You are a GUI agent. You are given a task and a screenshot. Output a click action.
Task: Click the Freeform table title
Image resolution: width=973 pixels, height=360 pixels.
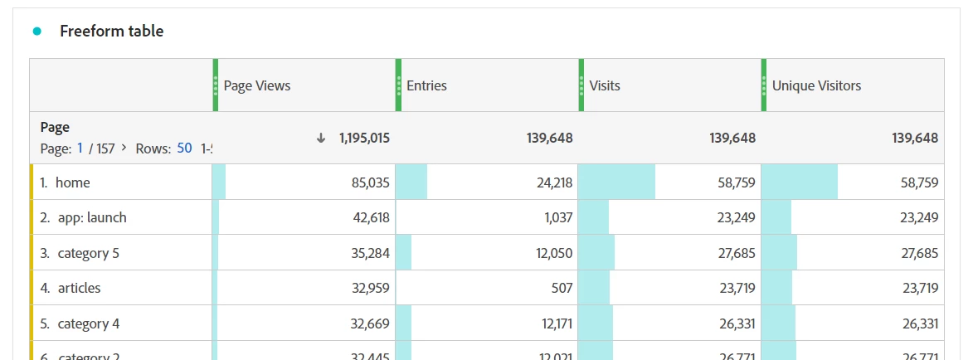[x=111, y=32]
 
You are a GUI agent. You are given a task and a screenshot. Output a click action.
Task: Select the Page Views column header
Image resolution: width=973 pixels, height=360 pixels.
[x=257, y=85]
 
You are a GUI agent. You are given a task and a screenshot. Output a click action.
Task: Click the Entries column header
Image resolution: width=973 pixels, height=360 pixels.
[x=426, y=85]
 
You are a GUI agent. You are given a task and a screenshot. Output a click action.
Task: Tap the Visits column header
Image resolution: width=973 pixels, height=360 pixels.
[x=605, y=85]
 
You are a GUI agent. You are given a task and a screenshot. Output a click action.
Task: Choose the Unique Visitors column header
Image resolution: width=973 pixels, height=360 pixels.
[x=816, y=85]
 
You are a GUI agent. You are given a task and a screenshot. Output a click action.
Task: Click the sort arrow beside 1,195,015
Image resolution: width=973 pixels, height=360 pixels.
[x=321, y=138]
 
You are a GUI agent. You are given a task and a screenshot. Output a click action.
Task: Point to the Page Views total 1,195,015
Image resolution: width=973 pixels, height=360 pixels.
[x=364, y=138]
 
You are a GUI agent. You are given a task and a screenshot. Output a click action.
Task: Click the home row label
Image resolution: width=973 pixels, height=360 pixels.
[x=72, y=182]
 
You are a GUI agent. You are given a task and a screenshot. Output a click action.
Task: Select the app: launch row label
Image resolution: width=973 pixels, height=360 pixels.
[x=92, y=218]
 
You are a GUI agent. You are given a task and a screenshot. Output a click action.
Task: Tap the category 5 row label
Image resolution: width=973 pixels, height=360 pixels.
[x=88, y=253]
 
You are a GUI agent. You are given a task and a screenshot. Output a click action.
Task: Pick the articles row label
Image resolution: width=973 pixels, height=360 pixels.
[x=79, y=289]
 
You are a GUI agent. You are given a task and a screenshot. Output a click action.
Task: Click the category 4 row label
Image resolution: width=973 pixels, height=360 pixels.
[x=88, y=324]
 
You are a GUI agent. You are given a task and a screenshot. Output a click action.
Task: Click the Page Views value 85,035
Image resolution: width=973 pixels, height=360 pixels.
[x=371, y=182]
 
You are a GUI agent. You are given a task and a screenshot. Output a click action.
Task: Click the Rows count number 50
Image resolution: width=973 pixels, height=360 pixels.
[x=184, y=148]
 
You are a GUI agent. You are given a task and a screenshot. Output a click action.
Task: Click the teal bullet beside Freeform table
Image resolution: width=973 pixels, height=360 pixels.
[x=36, y=32]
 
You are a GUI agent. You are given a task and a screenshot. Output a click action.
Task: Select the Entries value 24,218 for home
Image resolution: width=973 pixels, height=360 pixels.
[x=554, y=182]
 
